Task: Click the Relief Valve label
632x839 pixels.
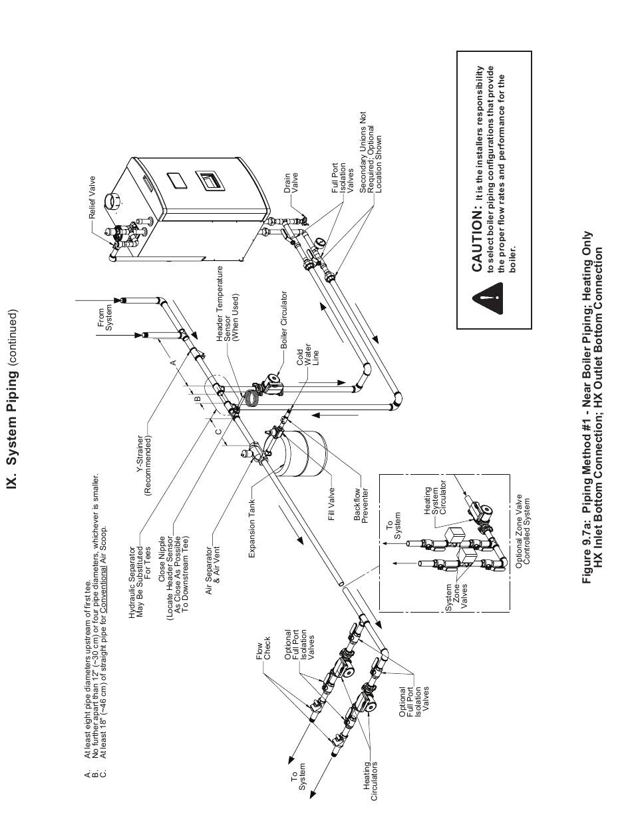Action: (92, 197)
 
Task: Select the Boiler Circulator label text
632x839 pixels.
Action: (283, 320)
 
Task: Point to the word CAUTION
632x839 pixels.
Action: (478, 241)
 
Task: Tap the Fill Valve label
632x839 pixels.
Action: (331, 504)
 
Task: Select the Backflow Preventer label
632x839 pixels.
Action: (361, 505)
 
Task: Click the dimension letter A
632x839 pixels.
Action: (174, 362)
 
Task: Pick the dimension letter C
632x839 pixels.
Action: (218, 432)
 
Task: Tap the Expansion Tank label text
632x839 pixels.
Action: (251, 528)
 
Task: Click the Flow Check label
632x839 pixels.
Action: (263, 651)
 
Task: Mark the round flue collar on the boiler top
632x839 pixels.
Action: (114, 202)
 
